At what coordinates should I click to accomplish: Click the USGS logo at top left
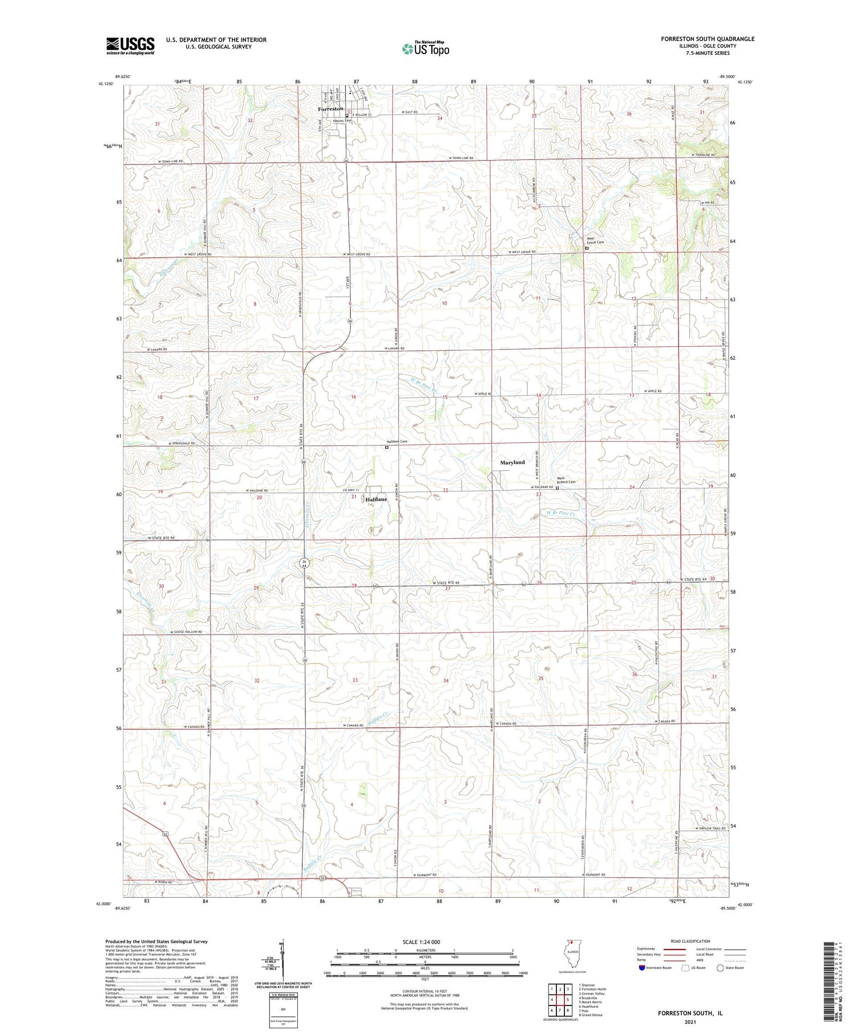click(130, 46)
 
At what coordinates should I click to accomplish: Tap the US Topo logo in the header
click(425, 48)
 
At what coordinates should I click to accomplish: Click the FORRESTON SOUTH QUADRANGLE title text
click(707, 39)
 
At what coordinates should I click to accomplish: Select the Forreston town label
click(330, 108)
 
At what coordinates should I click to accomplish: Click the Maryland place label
click(512, 462)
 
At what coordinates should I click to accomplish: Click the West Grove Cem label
click(595, 241)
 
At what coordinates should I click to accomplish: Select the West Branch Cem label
click(566, 480)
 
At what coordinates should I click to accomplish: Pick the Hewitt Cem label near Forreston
click(342, 120)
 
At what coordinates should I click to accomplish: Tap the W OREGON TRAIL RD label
click(710, 828)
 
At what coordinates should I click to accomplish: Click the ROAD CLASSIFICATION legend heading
click(691, 941)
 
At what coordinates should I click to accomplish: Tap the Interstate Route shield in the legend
click(642, 968)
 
